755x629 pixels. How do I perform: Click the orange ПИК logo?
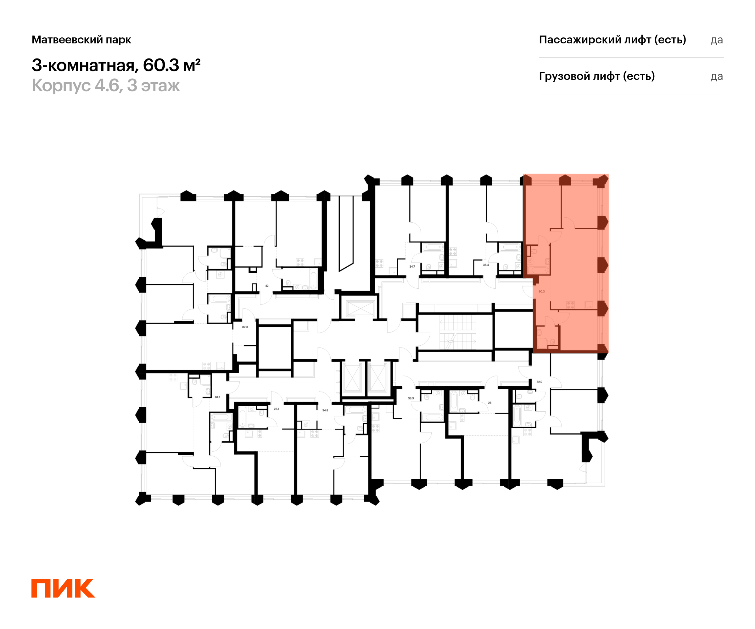[x=63, y=588]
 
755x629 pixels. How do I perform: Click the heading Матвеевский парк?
[x=81, y=40]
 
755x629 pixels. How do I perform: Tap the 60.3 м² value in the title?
[x=171, y=65]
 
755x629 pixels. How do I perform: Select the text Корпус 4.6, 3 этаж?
[x=106, y=86]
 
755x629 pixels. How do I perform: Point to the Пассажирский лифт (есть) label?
[x=612, y=40]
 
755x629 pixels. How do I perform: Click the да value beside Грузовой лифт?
[x=717, y=76]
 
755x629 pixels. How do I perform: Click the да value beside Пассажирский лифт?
[x=717, y=40]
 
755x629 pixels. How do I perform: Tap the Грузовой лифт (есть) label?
[x=597, y=76]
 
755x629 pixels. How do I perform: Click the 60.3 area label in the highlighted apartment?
[x=541, y=292]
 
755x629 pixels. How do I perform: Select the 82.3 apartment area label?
[x=245, y=327]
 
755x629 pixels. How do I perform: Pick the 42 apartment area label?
[x=267, y=286]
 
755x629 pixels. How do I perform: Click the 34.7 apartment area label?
[x=412, y=266]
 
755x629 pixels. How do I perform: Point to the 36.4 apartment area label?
[x=486, y=265]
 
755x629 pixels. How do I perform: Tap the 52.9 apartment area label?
[x=539, y=382]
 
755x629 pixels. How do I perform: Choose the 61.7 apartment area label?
[x=217, y=397]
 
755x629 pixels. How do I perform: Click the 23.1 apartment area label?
[x=276, y=409]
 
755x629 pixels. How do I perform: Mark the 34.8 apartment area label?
[x=325, y=410]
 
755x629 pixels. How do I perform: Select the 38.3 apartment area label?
[x=411, y=398]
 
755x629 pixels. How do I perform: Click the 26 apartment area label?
[x=490, y=403]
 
